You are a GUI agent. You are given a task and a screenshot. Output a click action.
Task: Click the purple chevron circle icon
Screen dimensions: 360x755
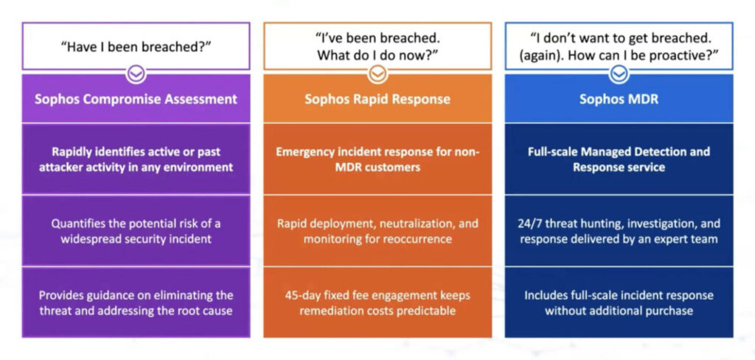tap(136, 73)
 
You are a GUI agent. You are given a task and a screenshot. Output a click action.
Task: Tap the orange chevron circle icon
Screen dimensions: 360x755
tap(377, 73)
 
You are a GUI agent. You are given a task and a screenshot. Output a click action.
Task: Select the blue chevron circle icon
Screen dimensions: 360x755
tap(619, 73)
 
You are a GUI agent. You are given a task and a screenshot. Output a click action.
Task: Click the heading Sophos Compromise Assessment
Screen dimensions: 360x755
tap(136, 99)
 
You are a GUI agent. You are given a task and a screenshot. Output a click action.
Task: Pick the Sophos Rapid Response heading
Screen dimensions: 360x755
tap(377, 99)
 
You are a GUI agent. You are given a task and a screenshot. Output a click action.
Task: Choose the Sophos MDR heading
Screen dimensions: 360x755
tap(619, 99)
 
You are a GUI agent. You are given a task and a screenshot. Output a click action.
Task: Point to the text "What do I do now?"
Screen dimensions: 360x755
tap(377, 55)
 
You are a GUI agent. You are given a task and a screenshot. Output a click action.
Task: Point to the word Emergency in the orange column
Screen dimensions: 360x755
tap(304, 152)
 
